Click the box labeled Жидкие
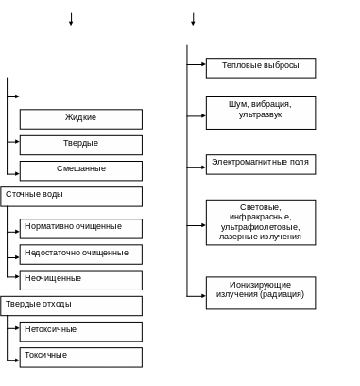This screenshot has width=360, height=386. pyautogui.click(x=81, y=118)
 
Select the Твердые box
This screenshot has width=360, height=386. pyautogui.click(x=81, y=144)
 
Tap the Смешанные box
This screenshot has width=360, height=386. pyautogui.click(x=81, y=169)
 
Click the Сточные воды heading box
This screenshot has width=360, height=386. pyautogui.click(x=72, y=195)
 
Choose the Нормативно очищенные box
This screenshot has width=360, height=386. pyautogui.click(x=81, y=228)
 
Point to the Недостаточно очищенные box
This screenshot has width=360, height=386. pyautogui.click(x=81, y=254)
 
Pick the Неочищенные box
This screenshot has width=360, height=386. pyautogui.click(x=81, y=279)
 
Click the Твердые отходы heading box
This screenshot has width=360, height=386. pyautogui.click(x=72, y=305)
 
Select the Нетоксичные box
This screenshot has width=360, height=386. pyautogui.click(x=81, y=330)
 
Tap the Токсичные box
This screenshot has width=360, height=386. pyautogui.click(x=81, y=357)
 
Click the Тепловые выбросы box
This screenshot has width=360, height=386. pyautogui.click(x=260, y=67)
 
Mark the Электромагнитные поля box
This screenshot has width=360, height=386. pyautogui.click(x=260, y=164)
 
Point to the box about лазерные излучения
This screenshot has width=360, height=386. pyautogui.click(x=260, y=221)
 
